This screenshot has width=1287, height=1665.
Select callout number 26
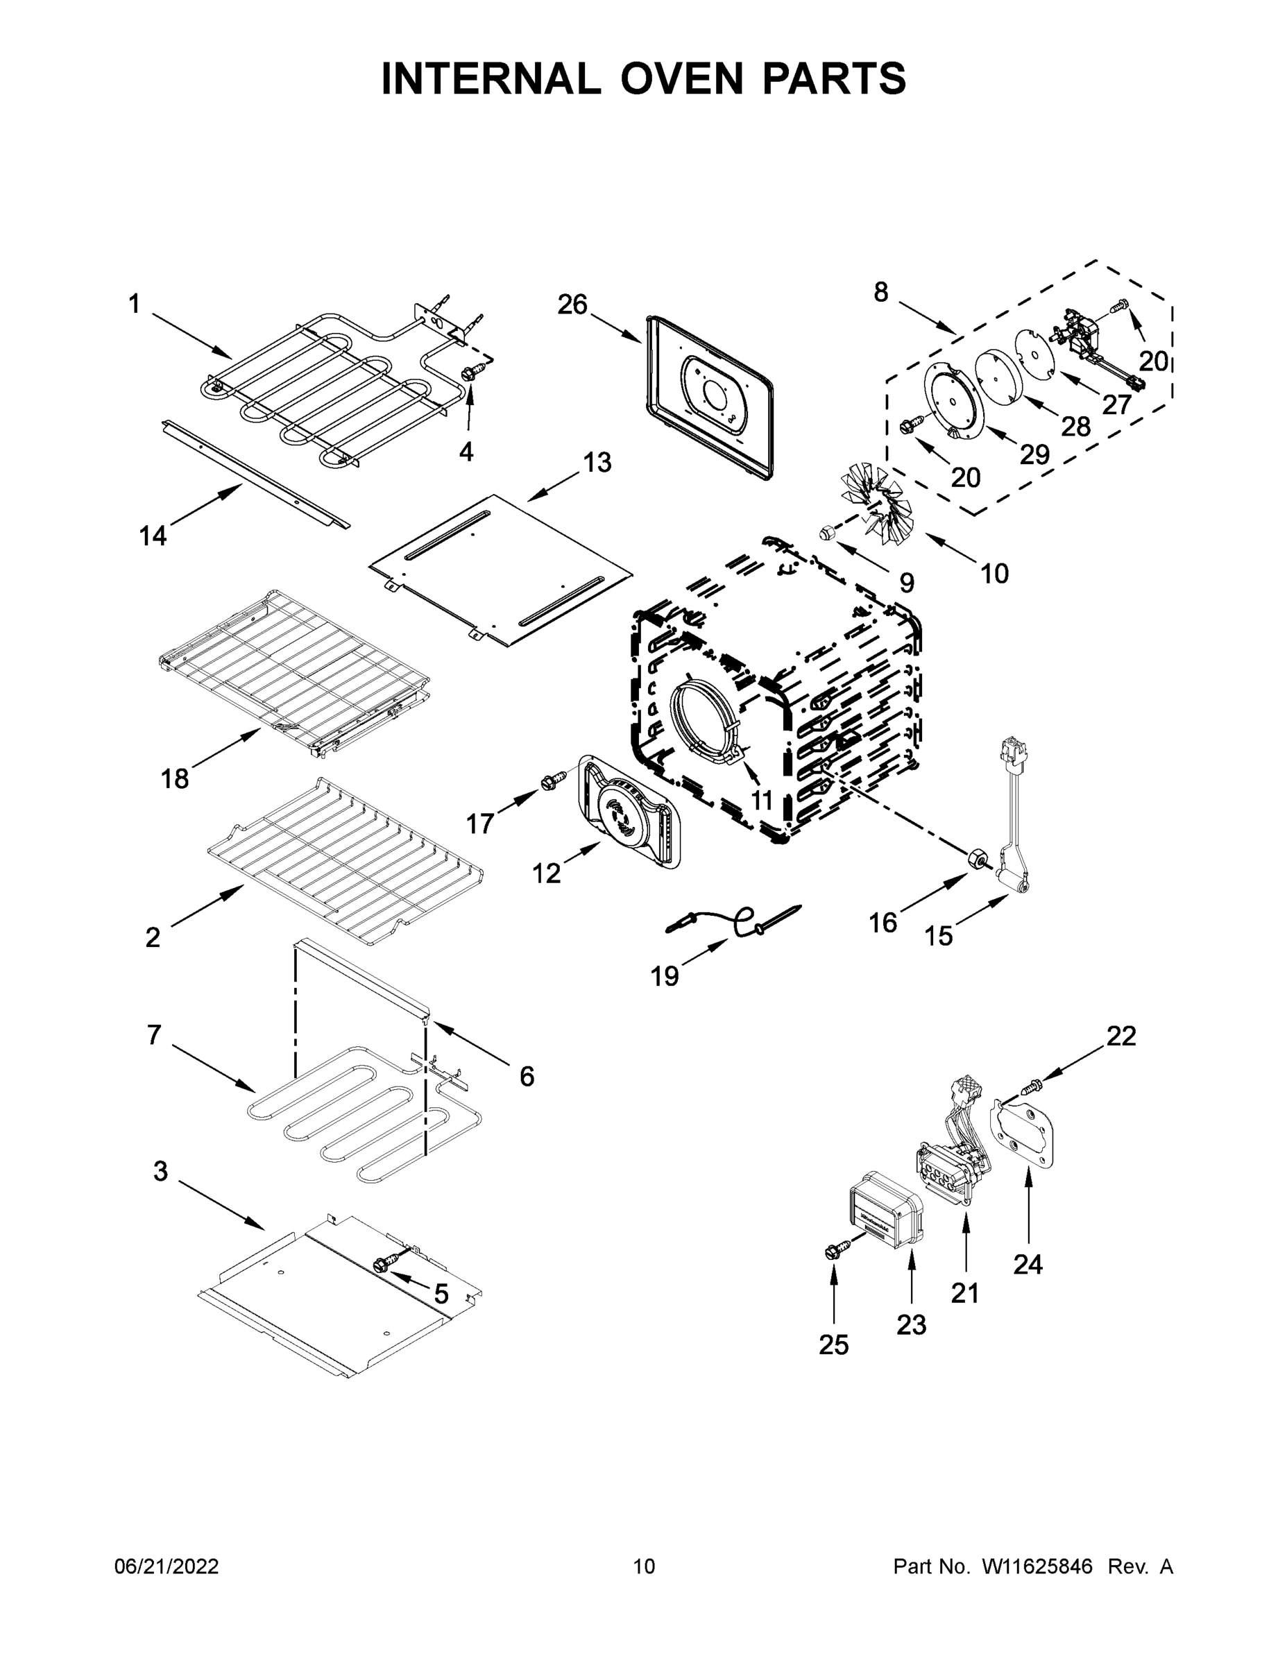[x=572, y=305]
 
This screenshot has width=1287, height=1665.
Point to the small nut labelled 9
[x=825, y=532]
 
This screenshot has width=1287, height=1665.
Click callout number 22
[x=1120, y=1036]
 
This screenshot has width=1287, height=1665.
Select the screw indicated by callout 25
[x=833, y=1251]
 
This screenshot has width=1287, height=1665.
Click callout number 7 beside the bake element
[x=154, y=1035]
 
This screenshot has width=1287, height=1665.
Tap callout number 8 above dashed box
[x=880, y=292]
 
